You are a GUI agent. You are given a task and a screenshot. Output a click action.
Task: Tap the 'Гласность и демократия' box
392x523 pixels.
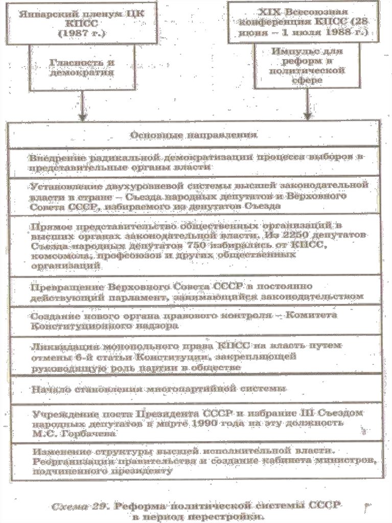(82, 67)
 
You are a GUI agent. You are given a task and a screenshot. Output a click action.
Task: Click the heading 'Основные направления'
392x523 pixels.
(193, 135)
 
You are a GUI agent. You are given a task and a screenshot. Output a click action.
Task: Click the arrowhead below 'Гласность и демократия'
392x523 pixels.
(82, 117)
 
